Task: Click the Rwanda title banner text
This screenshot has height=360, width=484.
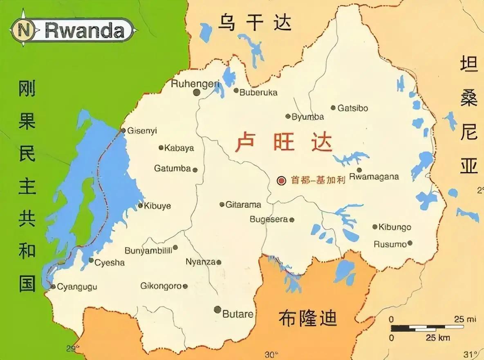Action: click(85, 30)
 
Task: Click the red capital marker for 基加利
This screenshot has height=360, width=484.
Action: click(281, 180)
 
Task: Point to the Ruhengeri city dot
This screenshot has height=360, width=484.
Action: click(197, 92)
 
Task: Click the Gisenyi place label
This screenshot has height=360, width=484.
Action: click(142, 131)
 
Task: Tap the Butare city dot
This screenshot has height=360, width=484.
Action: click(217, 310)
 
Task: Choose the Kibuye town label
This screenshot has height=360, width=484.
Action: click(157, 205)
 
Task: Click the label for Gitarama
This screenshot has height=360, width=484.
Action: click(243, 204)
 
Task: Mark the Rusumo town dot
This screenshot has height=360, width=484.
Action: click(410, 243)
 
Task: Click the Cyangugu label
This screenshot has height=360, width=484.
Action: click(77, 287)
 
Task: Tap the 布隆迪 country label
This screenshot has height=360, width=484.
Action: click(307, 318)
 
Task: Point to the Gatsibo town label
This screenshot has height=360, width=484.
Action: click(353, 108)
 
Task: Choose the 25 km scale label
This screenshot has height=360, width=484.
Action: click(438, 338)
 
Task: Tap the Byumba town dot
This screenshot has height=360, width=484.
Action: click(288, 116)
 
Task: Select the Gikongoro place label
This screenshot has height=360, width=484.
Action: click(161, 286)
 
